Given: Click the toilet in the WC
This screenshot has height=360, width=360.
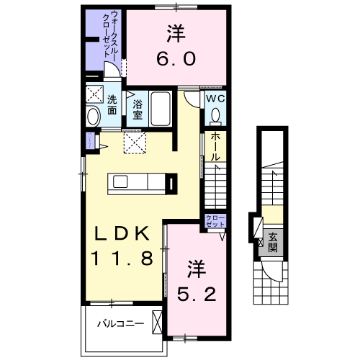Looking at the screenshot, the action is click(215, 117).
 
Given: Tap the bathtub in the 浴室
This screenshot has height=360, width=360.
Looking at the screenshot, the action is click(161, 109).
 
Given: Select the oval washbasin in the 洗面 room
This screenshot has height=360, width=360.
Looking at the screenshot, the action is click(93, 117).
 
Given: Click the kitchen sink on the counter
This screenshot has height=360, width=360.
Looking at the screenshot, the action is click(120, 181).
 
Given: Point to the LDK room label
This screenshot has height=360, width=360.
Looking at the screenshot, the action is click(122, 233).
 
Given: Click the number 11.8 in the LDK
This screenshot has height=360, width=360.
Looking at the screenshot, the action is click(122, 258).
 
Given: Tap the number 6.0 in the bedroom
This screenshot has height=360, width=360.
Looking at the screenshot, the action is click(176, 58).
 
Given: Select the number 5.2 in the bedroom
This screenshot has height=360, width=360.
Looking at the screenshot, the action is click(197, 294).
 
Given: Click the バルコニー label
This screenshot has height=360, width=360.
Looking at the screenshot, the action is click(120, 324).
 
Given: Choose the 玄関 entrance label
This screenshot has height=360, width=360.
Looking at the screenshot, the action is click(273, 242).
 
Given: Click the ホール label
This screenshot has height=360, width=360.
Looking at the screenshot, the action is click(215, 147).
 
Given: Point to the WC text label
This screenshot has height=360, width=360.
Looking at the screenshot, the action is click(216, 99).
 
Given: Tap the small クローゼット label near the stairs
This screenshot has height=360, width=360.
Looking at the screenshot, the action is click(215, 221).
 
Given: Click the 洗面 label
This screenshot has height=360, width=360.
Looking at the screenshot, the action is click(112, 105).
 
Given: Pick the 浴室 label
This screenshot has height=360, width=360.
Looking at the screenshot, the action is click(138, 109).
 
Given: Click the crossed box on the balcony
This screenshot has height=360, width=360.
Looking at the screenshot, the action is click(157, 322).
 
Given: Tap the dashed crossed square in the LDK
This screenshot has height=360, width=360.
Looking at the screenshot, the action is click(135, 142).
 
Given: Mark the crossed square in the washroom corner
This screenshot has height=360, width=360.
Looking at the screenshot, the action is click(94, 94).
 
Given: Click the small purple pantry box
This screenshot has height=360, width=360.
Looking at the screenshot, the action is click(91, 140).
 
